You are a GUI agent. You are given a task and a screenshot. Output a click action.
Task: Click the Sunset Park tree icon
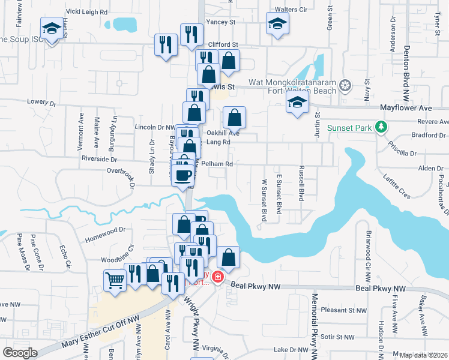(x=380, y=127)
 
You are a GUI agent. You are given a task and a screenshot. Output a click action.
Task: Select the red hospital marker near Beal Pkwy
(x=216, y=277)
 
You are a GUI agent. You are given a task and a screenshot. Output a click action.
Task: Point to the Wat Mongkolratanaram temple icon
(x=345, y=85)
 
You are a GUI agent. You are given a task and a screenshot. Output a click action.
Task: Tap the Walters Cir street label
(x=291, y=10)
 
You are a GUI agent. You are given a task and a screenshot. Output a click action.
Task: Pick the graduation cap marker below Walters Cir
(x=277, y=23)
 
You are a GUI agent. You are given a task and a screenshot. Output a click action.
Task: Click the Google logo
(x=20, y=352)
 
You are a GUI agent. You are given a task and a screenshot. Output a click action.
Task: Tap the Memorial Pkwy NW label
(x=314, y=324)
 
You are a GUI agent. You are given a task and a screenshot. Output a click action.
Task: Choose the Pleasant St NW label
(x=343, y=310)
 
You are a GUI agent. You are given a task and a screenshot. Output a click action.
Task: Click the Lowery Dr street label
(x=41, y=102)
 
